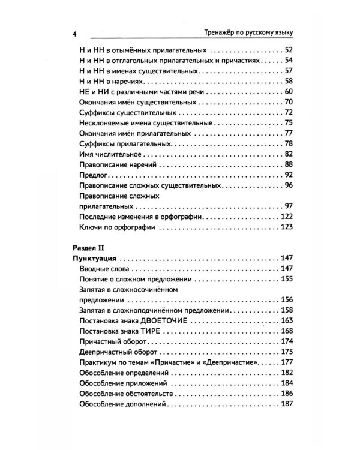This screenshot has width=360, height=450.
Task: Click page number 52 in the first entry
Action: tap(287, 50)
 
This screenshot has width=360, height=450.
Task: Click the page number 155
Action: tap(286, 279)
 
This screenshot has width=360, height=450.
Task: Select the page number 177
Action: tap(286, 363)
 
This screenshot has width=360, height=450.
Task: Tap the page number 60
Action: tap(287, 91)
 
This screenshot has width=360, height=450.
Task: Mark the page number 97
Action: tap(287, 206)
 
